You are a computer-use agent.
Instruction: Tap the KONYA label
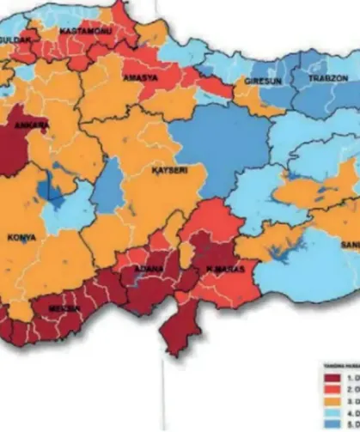[22, 237]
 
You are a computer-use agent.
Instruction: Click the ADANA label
[142, 276]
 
